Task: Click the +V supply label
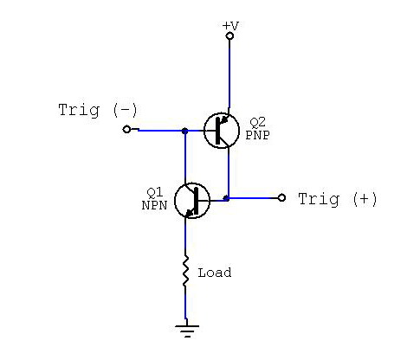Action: tap(230, 26)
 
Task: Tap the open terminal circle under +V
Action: tap(229, 36)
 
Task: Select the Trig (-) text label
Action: tap(98, 111)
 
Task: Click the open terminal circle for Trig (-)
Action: tap(126, 129)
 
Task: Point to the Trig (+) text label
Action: tap(338, 199)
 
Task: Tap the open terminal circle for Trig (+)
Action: tap(281, 197)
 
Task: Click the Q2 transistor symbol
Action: tap(222, 131)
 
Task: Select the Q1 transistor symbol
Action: tap(192, 201)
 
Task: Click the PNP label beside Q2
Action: tap(257, 135)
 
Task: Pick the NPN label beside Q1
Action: tap(154, 205)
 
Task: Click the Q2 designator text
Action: tap(257, 123)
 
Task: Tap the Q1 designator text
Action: tap(155, 192)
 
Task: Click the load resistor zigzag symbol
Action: tap(185, 271)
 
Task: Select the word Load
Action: tap(215, 273)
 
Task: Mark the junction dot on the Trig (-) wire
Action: tap(185, 131)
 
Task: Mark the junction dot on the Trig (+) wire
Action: tap(227, 198)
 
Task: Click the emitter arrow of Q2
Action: tap(225, 119)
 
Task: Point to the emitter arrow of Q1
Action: tap(189, 213)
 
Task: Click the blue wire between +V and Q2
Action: tap(229, 74)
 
